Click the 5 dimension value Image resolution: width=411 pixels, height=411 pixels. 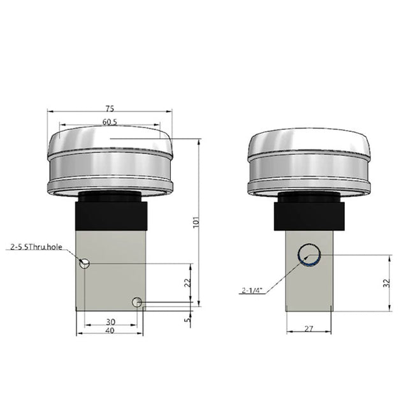(187, 320)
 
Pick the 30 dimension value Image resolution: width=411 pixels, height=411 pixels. (111, 322)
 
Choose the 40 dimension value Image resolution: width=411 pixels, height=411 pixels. (111, 331)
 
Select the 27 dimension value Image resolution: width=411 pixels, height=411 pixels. (309, 329)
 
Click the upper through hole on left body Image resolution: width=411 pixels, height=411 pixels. (85, 263)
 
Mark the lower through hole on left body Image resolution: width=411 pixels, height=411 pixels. (136, 302)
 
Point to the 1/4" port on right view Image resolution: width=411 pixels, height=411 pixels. (309, 254)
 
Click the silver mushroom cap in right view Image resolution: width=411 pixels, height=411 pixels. (310, 162)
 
